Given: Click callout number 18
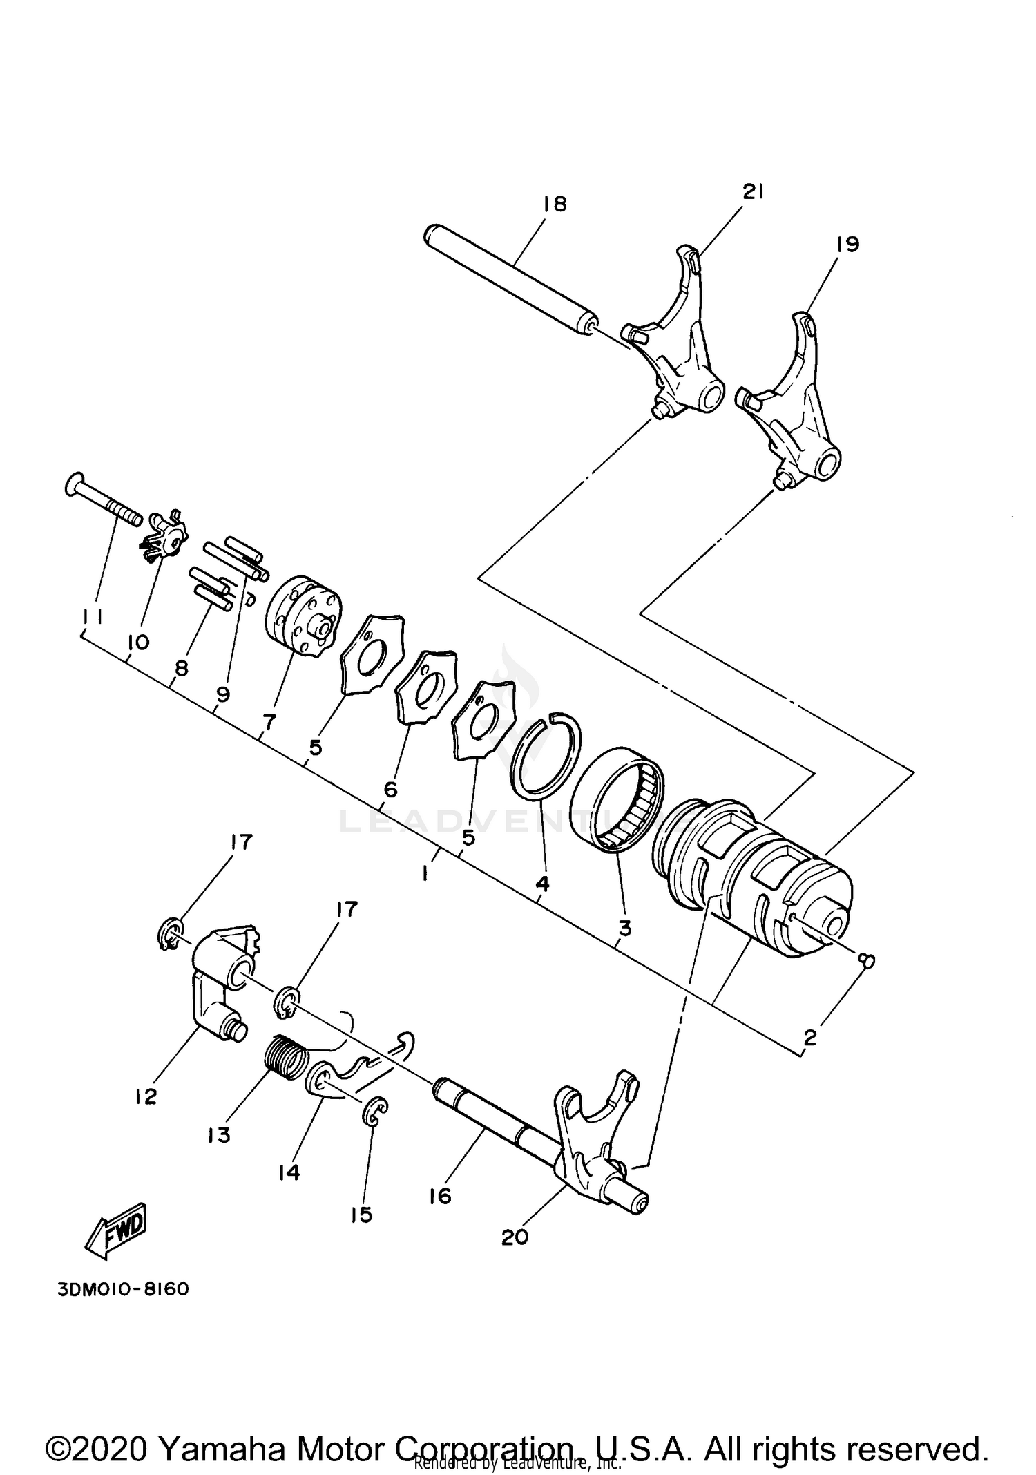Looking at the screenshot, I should [x=555, y=204].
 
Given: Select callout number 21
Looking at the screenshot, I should [x=752, y=193].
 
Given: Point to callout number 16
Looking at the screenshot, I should [x=440, y=1196].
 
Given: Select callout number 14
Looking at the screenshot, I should [x=289, y=1172].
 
